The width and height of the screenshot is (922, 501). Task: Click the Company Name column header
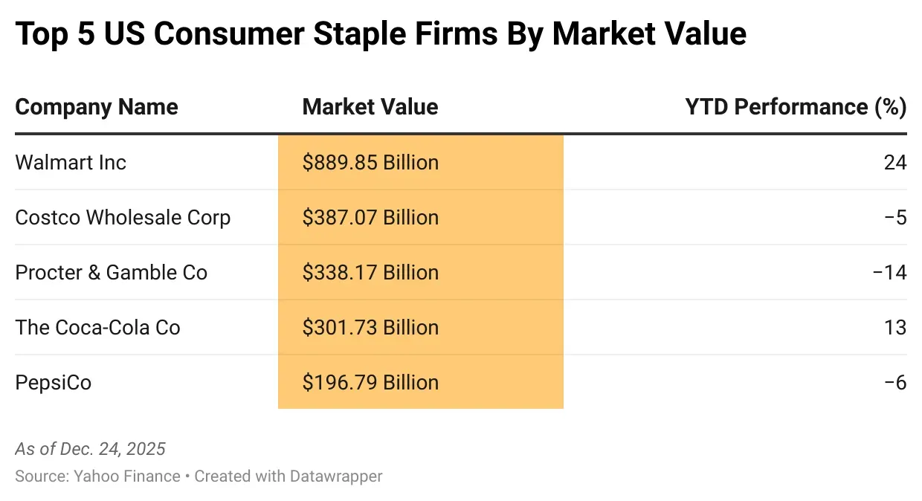97,107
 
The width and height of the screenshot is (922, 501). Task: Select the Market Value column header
370,107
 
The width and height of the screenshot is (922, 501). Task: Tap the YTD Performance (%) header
796,107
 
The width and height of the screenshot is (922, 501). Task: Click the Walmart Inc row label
71,162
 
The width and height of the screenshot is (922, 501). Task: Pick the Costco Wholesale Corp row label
123,217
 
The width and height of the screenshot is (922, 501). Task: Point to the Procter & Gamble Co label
111,272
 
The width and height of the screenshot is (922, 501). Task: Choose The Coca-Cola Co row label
97,327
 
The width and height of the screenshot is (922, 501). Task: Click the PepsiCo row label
54,382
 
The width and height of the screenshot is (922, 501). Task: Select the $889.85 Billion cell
370,162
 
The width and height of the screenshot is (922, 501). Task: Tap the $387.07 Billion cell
370,217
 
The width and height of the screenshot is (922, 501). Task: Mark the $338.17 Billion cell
370,272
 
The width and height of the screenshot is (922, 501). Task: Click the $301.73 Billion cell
370,327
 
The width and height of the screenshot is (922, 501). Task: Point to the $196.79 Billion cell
370,382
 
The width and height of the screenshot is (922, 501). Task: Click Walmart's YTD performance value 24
895,162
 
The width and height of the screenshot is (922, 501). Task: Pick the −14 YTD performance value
890,272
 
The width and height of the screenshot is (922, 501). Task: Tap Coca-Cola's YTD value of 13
895,327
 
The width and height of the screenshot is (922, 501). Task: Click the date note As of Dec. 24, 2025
90,449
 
